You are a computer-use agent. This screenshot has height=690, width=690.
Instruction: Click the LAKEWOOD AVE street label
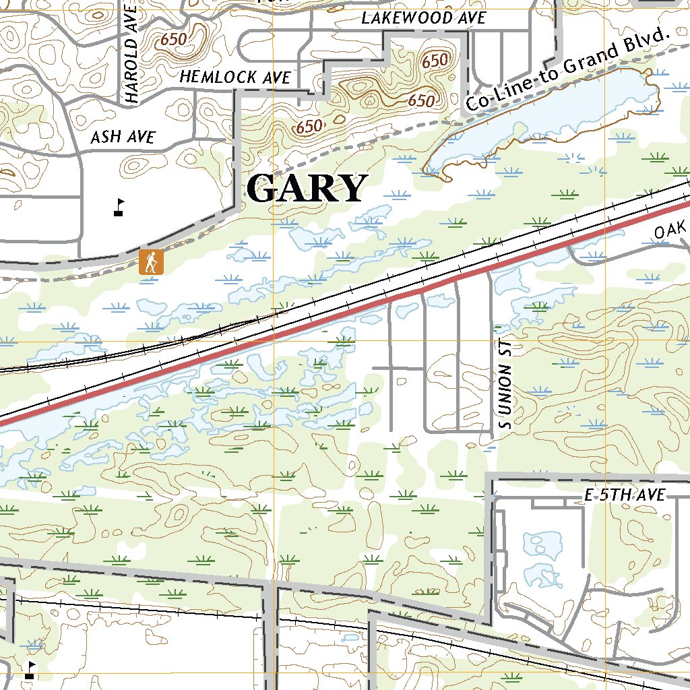423,18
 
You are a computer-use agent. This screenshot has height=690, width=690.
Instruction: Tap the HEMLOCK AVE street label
235,77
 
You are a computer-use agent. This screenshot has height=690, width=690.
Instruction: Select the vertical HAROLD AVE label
131,54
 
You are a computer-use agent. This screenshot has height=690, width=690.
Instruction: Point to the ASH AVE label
123,138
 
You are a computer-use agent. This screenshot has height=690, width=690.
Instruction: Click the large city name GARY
307,189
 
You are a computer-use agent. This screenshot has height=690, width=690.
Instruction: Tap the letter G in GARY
263,189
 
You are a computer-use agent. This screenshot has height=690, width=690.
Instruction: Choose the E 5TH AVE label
624,496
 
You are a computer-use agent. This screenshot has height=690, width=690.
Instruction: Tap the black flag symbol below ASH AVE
119,207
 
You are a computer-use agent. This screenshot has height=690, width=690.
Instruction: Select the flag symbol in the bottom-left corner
30,669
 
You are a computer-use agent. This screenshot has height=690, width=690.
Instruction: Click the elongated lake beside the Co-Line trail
539,121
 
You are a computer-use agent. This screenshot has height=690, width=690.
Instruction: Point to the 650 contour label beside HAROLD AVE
173,40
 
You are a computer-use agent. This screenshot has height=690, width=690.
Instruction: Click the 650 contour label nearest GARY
309,126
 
